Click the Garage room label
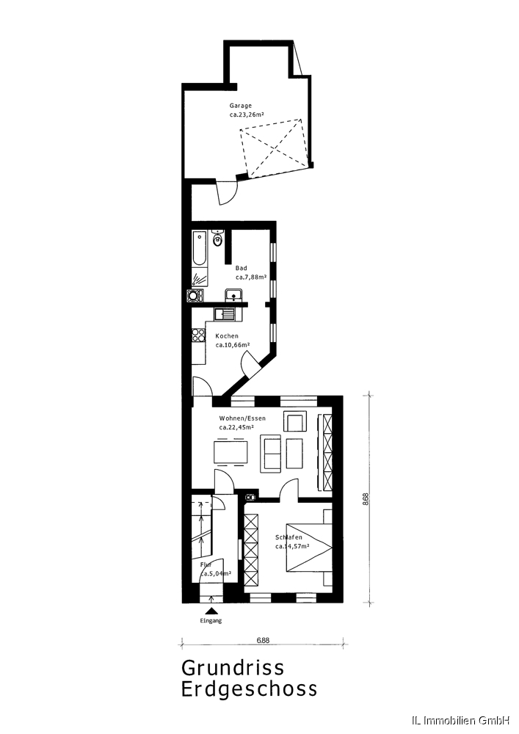[240, 106]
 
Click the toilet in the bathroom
[217, 239]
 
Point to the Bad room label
[241, 268]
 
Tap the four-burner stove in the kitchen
[198, 335]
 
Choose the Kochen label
[227, 336]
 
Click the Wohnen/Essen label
[242, 418]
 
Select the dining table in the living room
[231, 451]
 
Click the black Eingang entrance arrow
[212, 611]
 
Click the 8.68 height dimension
[366, 499]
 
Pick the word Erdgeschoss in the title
[249, 689]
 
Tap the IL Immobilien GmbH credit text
[460, 719]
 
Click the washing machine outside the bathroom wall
[195, 296]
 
